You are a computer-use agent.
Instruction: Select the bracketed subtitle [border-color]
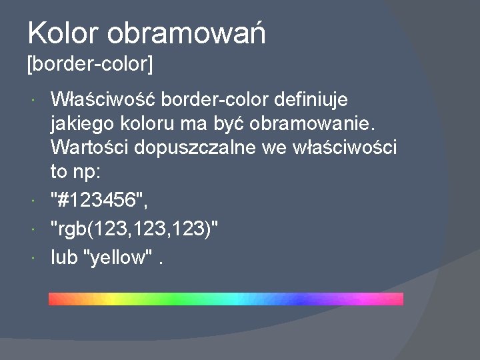coord(90,65)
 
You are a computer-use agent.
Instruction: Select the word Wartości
coord(90,147)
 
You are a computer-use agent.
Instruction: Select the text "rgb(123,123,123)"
coord(135,229)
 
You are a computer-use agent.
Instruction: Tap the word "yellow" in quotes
coord(118,257)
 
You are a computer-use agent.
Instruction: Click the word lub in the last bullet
coord(64,257)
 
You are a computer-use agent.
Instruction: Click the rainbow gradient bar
coord(226,299)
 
